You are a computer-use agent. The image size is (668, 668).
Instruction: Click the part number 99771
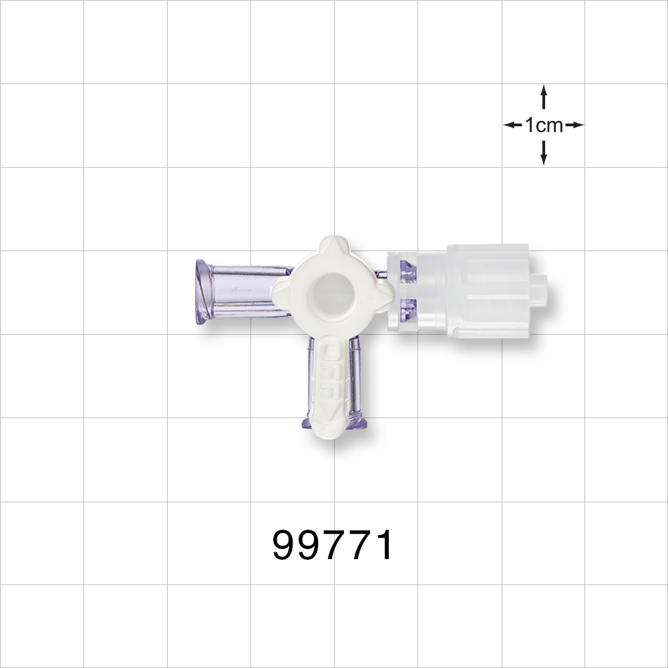(x=333, y=546)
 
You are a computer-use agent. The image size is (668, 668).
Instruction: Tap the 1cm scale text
(x=544, y=125)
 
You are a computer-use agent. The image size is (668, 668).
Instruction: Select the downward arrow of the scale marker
(x=544, y=154)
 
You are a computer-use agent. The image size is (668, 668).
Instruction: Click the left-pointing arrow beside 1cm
(x=512, y=125)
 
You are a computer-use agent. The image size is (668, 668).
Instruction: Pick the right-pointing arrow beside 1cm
(x=576, y=125)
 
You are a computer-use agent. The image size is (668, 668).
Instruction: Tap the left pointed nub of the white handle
(x=276, y=293)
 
